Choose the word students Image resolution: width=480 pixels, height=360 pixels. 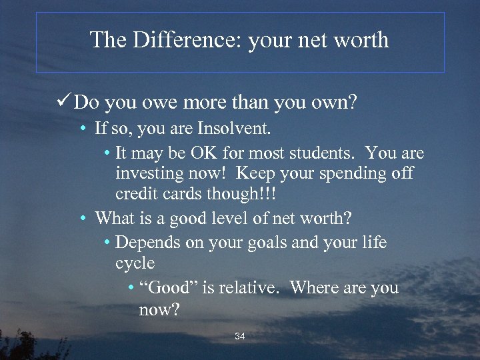pos(323,153)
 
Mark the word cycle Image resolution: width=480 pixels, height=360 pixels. pos(135,264)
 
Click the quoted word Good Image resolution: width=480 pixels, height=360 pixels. pos(167,288)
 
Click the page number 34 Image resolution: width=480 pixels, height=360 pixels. pos(240,337)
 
